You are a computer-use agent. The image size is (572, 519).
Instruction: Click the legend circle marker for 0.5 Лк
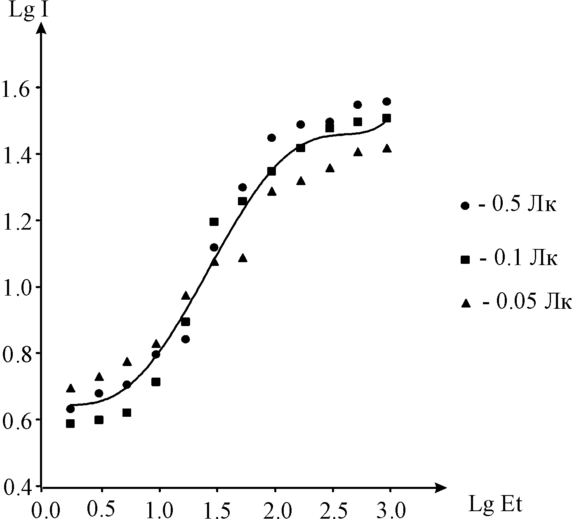tap(466, 206)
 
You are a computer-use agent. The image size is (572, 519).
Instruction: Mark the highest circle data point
tap(386, 101)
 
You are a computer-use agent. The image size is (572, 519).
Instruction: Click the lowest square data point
tap(71, 423)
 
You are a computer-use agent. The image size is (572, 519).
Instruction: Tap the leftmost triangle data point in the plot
tap(71, 388)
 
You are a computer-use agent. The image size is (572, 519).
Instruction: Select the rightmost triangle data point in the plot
tap(386, 148)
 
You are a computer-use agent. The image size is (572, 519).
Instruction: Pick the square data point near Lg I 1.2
tap(214, 222)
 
